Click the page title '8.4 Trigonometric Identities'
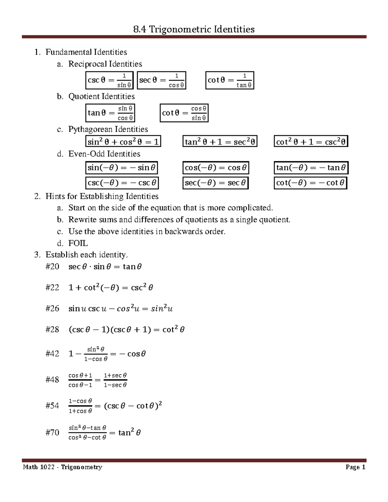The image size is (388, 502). [194, 29]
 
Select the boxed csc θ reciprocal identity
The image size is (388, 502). [110, 80]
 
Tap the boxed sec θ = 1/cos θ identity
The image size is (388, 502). [162, 80]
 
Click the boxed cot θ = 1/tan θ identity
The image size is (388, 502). [230, 80]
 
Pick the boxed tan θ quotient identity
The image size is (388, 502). [110, 113]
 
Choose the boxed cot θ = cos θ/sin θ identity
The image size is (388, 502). [184, 113]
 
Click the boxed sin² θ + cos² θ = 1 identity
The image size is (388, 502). [123, 142]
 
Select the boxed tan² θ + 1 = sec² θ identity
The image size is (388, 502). [220, 142]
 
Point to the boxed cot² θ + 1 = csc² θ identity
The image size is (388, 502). [311, 142]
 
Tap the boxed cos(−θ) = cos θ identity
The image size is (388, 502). [216, 168]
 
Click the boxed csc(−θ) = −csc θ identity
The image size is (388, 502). [122, 183]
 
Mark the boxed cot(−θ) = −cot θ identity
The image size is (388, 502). [310, 183]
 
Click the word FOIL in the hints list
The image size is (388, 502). [78, 243]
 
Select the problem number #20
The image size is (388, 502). [52, 267]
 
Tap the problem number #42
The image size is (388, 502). [52, 354]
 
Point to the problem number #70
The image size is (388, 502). [52, 433]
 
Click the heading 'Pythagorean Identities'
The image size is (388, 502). [108, 129]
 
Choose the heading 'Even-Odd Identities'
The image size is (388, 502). [104, 154]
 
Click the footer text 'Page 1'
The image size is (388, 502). [355, 467]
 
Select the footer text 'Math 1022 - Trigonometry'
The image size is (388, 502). [62, 467]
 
